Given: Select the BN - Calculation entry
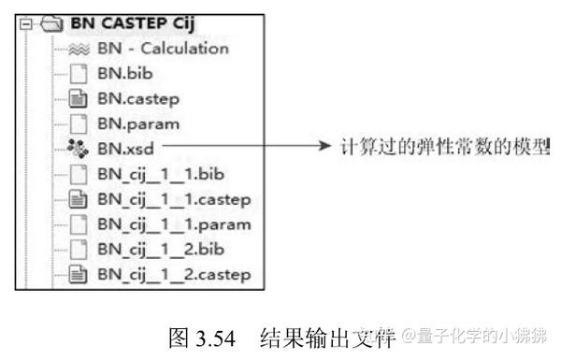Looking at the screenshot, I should coord(163,49).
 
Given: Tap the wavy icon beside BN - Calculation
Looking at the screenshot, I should coord(81,49).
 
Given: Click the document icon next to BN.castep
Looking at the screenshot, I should coord(80,97).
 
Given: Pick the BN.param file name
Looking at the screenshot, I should coord(139,122).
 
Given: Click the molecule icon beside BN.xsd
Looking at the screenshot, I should coord(80,148).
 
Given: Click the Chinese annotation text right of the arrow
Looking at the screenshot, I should coord(443,147).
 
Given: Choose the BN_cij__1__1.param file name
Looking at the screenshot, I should coord(174,223).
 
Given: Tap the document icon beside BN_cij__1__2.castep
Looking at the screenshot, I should coord(80,274).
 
